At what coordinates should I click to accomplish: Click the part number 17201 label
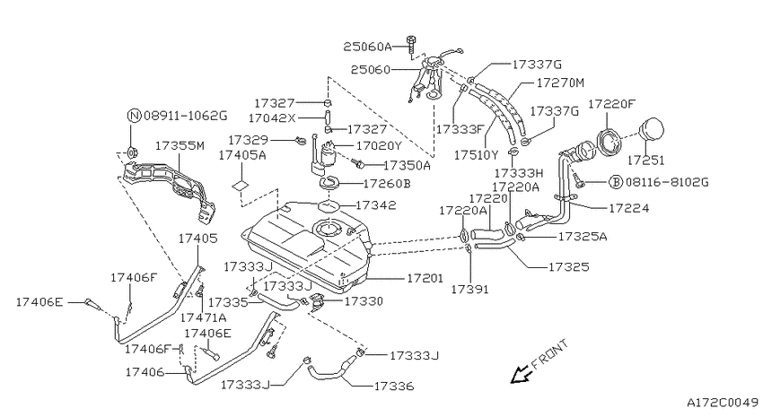pos(425,278)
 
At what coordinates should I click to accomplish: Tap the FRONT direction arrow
pos(520,374)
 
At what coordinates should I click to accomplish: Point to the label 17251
pos(645,160)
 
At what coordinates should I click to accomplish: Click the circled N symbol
pos(134,116)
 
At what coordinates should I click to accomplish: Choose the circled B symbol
pos(616,182)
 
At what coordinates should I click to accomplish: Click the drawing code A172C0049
pos(723,403)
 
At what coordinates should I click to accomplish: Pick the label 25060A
pos(367,47)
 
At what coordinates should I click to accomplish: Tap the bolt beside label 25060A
pos(411,45)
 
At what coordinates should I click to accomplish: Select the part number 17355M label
pos(180,146)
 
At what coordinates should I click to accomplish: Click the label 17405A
pos(242,155)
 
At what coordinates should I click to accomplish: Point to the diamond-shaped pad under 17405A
pos(241,185)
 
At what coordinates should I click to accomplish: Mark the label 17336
pos(394,387)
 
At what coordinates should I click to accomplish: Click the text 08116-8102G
pos(667,182)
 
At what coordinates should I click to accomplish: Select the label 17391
pos(469,290)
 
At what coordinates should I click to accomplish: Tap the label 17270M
pos(560,83)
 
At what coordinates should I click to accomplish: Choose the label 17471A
pos(203,317)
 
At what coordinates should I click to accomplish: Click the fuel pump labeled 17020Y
pos(323,155)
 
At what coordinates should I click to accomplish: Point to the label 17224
pos(628,208)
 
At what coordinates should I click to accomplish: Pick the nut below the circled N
pos(131,153)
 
